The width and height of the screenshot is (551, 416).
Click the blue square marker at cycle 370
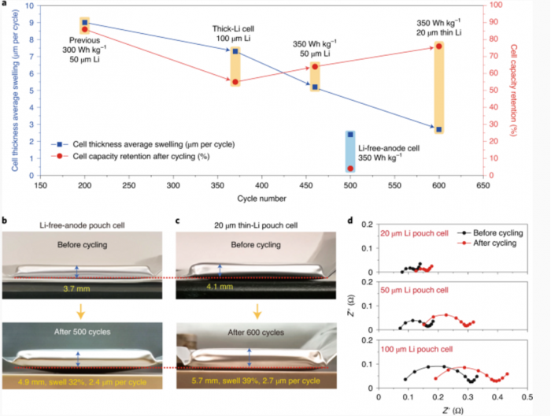click(235, 51)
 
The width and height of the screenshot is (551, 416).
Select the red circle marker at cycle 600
click(439, 46)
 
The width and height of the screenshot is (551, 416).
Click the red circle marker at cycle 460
click(315, 67)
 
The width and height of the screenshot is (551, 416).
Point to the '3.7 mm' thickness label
click(78, 290)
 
